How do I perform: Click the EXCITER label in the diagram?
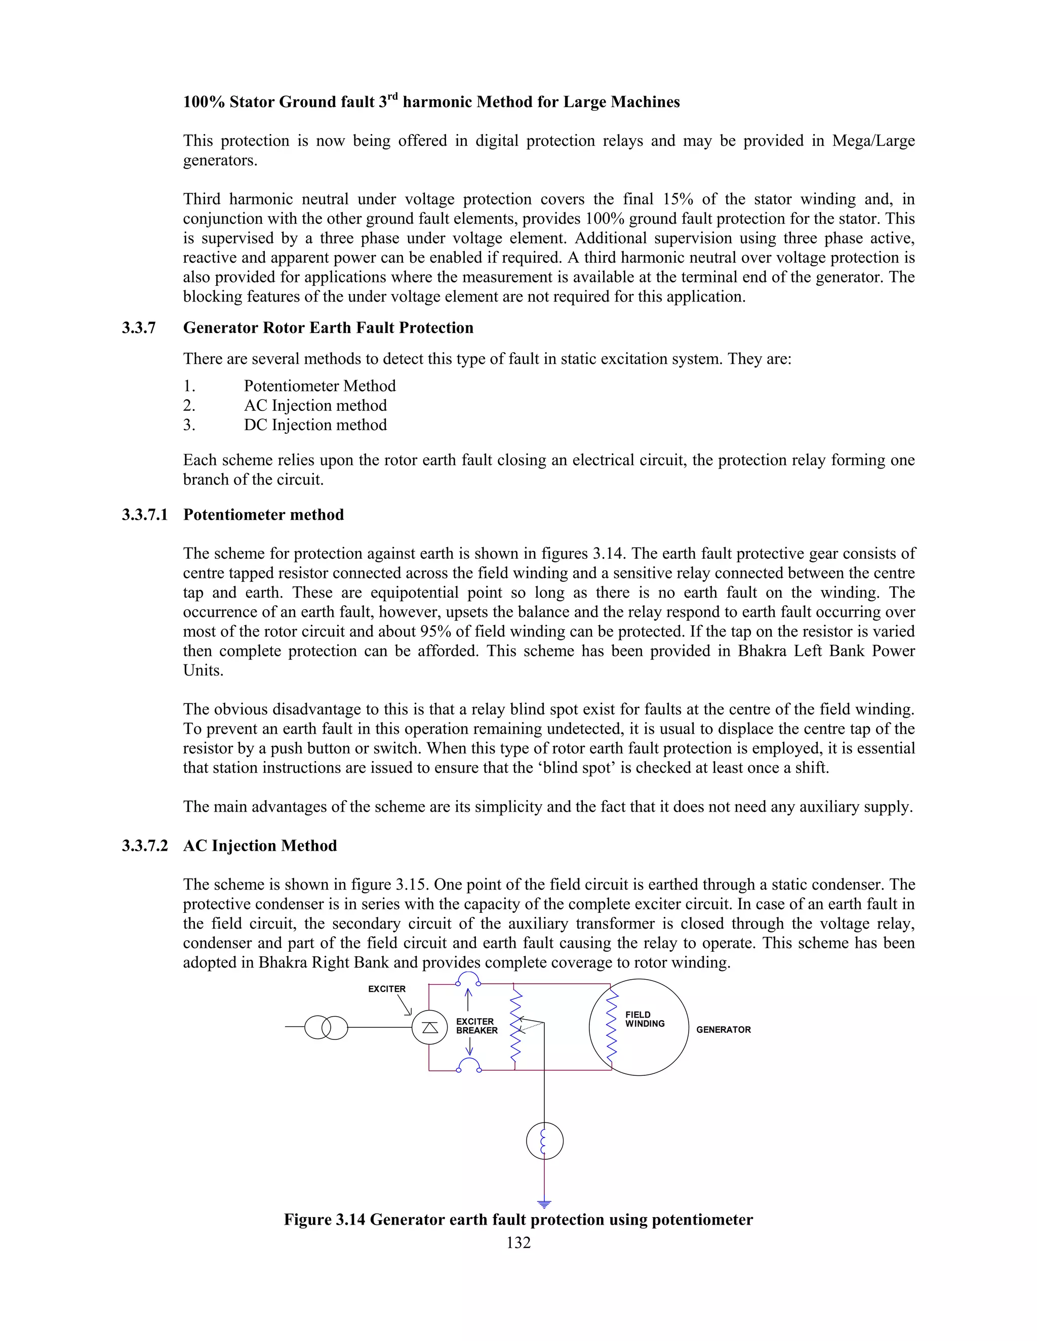tap(386, 989)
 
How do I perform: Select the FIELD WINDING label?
tap(645, 1019)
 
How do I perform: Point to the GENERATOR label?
tap(723, 1030)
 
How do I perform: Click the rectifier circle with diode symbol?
tap(429, 1027)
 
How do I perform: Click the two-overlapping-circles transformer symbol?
tap(326, 1027)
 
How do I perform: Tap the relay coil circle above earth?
tap(544, 1141)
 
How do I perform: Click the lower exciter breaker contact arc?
tap(469, 1065)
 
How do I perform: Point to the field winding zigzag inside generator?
tap(611, 1027)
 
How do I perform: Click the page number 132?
tap(518, 1243)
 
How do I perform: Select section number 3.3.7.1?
tap(144, 515)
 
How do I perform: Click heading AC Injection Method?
tap(260, 846)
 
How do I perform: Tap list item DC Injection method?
tap(315, 425)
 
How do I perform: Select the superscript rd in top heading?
tap(392, 96)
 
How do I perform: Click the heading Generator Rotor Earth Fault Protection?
tap(328, 328)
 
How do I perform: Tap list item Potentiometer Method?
tap(320, 386)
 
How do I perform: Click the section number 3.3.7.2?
tap(144, 846)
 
